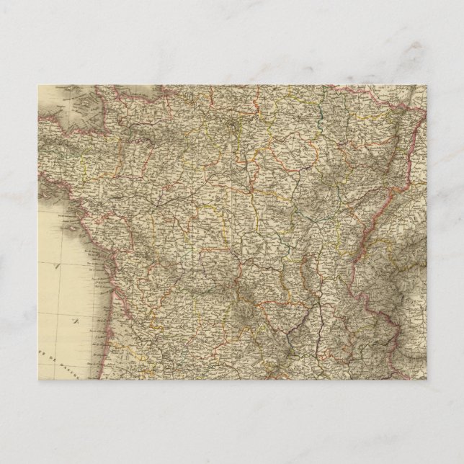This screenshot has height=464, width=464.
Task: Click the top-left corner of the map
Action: click(38, 86)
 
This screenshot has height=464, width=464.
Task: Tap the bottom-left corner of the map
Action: click(38, 379)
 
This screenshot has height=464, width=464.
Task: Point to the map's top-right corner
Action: click(427, 86)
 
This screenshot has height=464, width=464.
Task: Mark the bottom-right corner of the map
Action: click(427, 379)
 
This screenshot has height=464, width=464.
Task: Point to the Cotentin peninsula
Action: click(115, 97)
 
